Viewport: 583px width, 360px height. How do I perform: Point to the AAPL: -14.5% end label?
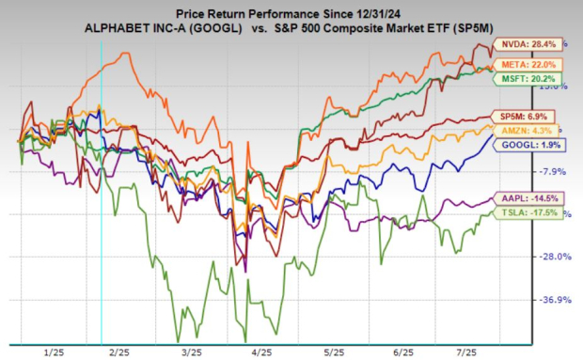coord(534,198)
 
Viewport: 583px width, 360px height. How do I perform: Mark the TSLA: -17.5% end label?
coord(534,213)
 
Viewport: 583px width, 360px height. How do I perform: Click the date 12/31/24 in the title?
coord(371,12)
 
